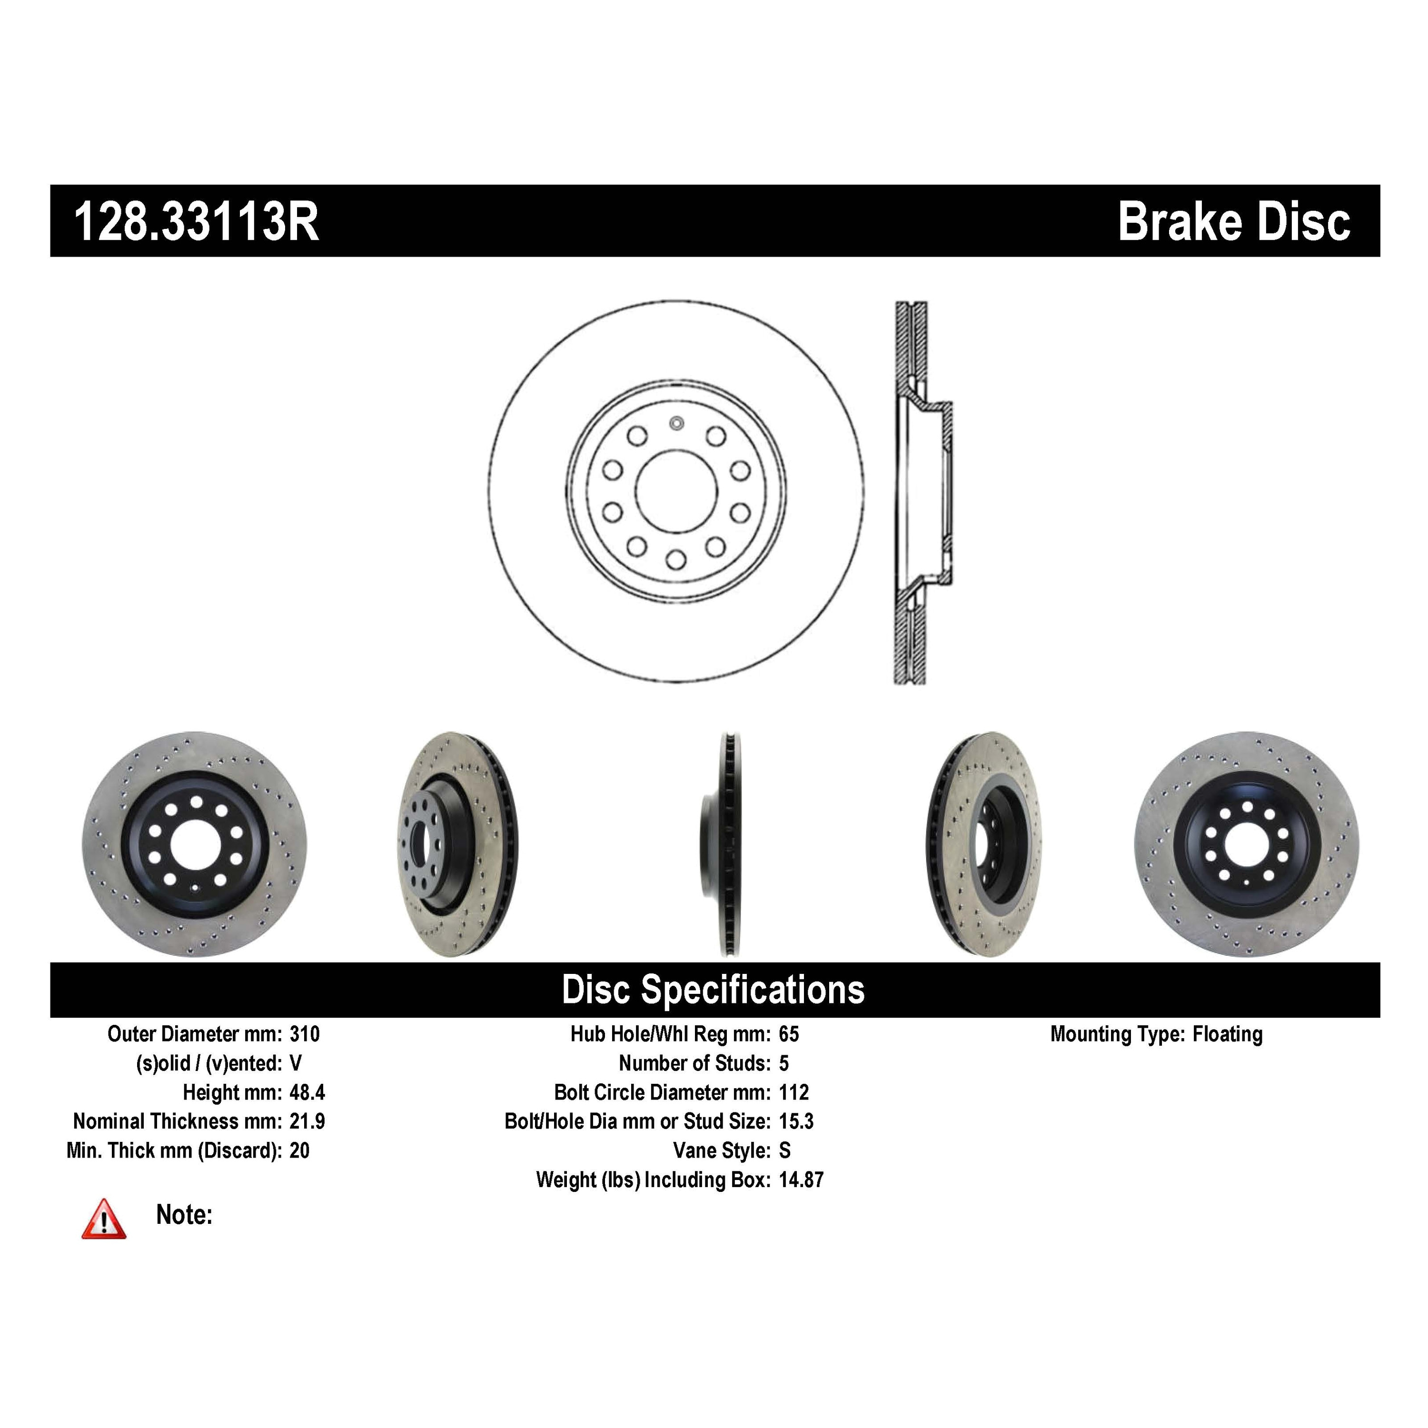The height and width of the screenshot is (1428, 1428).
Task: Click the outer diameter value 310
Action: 305,1034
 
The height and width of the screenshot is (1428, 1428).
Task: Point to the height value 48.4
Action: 307,1092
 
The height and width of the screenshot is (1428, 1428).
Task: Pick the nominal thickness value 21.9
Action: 307,1121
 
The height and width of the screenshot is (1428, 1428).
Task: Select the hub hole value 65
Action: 789,1034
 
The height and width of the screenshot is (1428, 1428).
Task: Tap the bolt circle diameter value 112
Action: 794,1092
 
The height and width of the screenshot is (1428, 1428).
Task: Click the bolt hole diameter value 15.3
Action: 796,1121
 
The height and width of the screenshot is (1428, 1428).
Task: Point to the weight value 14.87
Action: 801,1180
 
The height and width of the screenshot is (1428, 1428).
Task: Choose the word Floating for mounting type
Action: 1227,1034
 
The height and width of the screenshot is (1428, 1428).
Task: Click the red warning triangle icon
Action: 103,1219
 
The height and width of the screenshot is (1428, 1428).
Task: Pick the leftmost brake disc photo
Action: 194,845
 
